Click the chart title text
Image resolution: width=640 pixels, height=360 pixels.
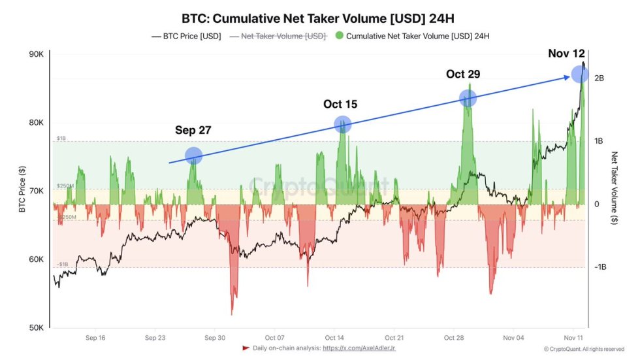tap(319, 18)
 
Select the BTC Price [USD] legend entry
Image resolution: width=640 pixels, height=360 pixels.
tap(186, 37)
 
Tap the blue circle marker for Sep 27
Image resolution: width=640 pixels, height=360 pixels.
tap(194, 155)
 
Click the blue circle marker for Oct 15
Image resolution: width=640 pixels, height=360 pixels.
tap(342, 124)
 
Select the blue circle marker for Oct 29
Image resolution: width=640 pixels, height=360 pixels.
tap(468, 99)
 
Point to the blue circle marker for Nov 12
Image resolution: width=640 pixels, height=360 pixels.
tap(579, 74)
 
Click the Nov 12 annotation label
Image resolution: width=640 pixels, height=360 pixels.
tap(566, 54)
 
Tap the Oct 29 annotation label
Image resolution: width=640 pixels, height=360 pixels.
tap(463, 74)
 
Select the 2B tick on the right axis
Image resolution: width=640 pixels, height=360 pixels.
tap(599, 78)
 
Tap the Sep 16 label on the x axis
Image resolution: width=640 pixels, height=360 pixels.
tap(95, 338)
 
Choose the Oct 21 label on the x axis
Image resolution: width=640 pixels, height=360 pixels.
tap(394, 338)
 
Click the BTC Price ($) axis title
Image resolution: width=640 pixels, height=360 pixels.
tap(22, 190)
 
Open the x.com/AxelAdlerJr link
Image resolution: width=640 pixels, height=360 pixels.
tap(359, 348)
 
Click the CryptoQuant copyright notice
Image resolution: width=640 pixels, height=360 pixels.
tap(584, 350)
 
